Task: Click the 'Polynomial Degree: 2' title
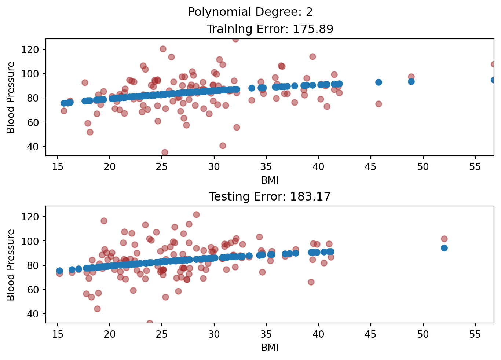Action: (x=250, y=12)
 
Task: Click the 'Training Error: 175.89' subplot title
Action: (x=270, y=29)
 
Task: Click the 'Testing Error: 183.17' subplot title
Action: (x=270, y=197)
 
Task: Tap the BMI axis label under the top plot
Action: (x=270, y=180)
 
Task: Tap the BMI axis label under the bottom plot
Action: (x=270, y=348)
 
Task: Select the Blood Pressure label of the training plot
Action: (x=11, y=98)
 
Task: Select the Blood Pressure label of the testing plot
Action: (x=11, y=265)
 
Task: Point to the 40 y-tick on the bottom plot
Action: (x=36, y=314)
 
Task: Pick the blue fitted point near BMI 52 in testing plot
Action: (x=444, y=248)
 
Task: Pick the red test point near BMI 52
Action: (x=444, y=239)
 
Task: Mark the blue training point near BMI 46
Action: (x=379, y=82)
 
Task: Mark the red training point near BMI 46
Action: (x=379, y=104)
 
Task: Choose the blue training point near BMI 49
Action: (x=411, y=81)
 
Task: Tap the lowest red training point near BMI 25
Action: (x=165, y=152)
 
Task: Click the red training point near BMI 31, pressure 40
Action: (x=223, y=146)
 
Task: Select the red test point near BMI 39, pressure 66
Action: (x=311, y=282)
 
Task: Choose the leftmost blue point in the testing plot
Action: (x=59, y=271)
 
